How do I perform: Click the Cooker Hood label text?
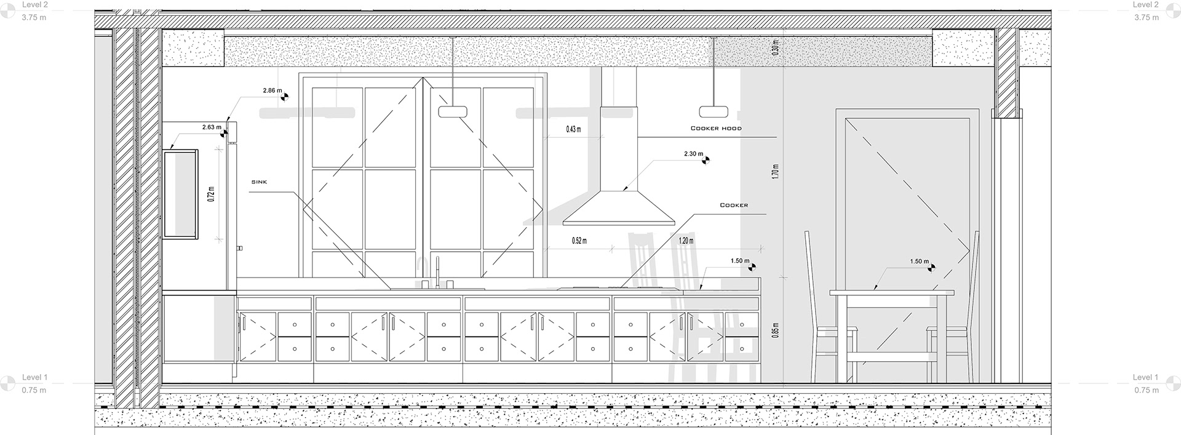point(716,129)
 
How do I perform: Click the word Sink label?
point(259,182)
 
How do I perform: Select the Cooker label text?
point(734,205)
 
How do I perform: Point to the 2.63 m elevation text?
point(211,127)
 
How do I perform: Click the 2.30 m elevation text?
point(693,154)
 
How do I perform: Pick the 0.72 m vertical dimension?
point(211,194)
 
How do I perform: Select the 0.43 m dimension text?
point(573,130)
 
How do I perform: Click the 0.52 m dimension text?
point(579,241)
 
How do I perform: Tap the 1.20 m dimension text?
point(686,241)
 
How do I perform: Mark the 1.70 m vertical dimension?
point(776,171)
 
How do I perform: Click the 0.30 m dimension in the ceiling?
point(776,48)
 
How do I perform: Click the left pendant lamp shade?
point(453,111)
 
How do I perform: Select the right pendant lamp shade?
point(714,111)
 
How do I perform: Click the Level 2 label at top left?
point(34,5)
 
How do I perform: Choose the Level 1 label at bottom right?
point(1145,377)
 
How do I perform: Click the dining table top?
point(891,293)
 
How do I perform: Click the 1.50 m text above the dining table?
point(919,261)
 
